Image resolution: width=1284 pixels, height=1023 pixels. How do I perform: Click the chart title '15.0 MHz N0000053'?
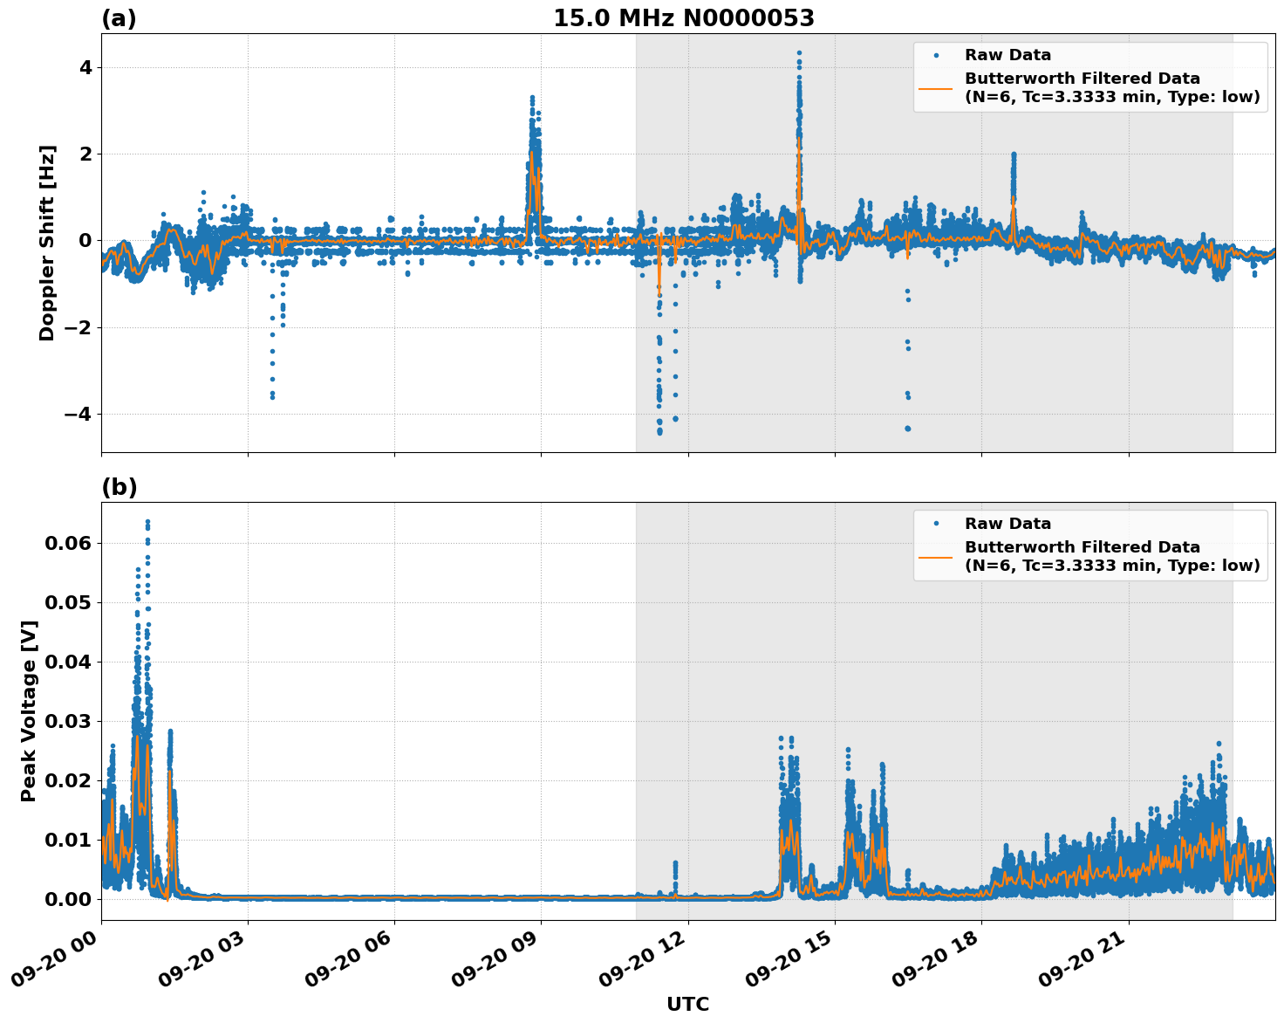(683, 18)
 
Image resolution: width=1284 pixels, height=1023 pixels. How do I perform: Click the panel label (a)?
(119, 18)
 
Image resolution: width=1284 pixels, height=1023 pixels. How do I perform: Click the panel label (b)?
(119, 487)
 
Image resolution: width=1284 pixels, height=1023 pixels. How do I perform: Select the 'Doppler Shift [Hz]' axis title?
(47, 243)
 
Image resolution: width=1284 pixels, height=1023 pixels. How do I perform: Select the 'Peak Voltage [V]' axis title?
(29, 711)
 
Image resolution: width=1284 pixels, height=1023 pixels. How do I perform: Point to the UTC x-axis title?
(687, 1004)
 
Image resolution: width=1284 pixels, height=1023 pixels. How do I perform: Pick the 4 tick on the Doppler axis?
(85, 68)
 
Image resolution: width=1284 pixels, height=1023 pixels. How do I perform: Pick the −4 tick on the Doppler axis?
(78, 414)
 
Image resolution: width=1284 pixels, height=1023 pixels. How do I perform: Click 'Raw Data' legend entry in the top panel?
(1007, 55)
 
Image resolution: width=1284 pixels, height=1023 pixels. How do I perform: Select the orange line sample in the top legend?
(936, 87)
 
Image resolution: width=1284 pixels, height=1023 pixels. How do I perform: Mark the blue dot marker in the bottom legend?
(936, 524)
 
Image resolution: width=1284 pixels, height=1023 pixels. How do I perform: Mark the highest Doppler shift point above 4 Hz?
(798, 53)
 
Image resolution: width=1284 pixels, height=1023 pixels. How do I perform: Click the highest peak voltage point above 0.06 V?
(147, 522)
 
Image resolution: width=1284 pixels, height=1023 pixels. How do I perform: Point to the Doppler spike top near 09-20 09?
(532, 98)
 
